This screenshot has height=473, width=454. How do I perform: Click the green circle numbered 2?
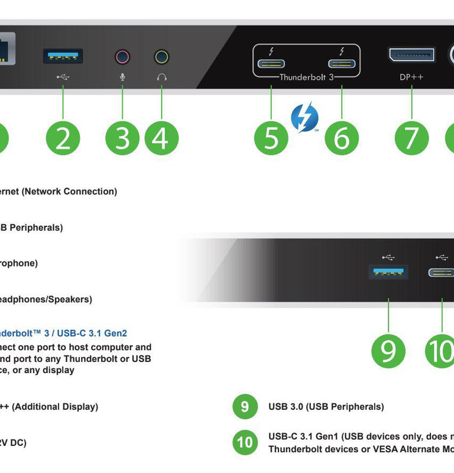point(63,138)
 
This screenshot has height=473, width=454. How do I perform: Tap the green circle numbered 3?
point(122,138)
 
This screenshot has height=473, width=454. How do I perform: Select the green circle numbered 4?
point(161,138)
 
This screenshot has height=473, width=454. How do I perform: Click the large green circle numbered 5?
point(271,138)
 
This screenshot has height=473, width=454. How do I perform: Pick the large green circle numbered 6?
point(342,138)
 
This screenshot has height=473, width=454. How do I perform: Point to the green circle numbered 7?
point(412,138)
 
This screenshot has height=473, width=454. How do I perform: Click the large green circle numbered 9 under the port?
point(388,351)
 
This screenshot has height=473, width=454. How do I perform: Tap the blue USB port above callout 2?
point(63,56)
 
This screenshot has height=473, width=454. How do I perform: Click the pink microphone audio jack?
point(122,57)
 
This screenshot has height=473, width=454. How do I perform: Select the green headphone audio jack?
point(161,57)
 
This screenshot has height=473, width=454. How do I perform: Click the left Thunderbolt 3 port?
point(271,64)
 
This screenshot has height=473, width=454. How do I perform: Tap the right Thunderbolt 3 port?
point(342,64)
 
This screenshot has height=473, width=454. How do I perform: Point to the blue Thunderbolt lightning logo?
point(305,116)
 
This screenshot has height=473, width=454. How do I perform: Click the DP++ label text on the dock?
point(411,77)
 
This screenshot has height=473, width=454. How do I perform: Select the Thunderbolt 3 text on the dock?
point(306,77)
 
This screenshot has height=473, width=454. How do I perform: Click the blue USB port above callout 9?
point(388,272)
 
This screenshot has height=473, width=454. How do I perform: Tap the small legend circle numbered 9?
point(245,407)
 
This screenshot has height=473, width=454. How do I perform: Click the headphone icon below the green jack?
point(161,77)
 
